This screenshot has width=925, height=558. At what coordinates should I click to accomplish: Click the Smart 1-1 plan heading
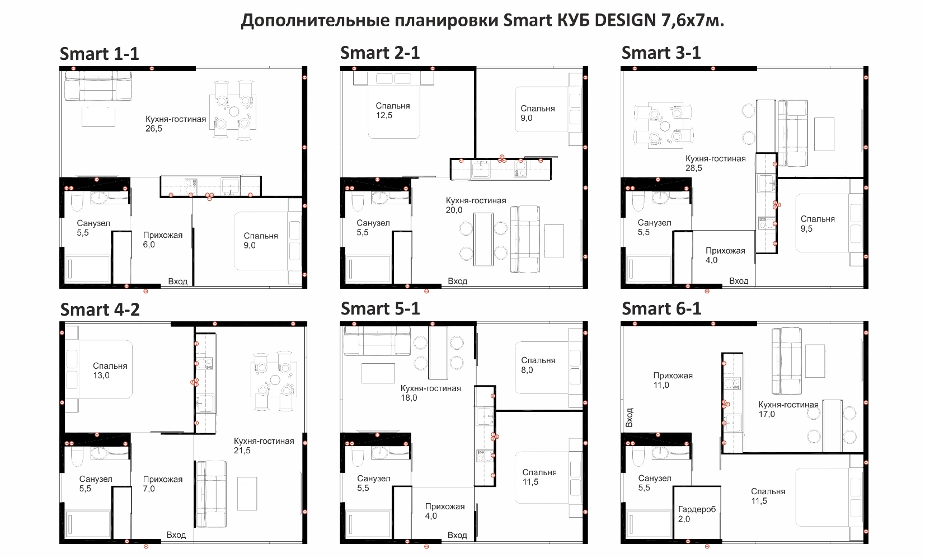coord(99,54)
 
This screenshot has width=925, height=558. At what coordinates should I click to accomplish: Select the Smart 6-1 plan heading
coord(661,308)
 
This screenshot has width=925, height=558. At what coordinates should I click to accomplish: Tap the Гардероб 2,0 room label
coord(697,514)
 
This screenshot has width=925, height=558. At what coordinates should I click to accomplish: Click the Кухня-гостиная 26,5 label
coord(176,124)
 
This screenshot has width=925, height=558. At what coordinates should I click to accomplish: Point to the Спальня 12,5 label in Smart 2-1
coord(393,110)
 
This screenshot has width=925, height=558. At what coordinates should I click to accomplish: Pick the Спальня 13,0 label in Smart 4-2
coord(110,371)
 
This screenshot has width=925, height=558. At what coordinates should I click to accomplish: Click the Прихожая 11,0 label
coord(673,380)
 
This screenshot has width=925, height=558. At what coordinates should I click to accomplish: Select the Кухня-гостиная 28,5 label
coord(715,163)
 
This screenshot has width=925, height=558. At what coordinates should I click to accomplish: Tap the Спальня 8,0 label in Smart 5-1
coord(538,365)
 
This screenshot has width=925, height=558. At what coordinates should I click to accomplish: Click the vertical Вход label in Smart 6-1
coord(629,418)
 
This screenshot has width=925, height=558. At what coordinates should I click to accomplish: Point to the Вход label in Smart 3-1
coord(738,281)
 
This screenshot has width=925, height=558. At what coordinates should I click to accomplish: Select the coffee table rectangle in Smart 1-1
coord(98,117)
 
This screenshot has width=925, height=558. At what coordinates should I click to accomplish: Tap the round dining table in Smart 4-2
coord(275,380)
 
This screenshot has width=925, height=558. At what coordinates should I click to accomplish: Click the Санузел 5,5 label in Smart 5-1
coord(373,483)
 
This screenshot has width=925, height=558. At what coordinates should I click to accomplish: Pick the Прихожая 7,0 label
coord(163,484)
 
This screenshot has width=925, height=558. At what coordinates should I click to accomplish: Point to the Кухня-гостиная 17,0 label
coord(788,409)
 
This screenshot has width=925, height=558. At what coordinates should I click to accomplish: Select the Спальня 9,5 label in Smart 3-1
coord(817,223)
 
